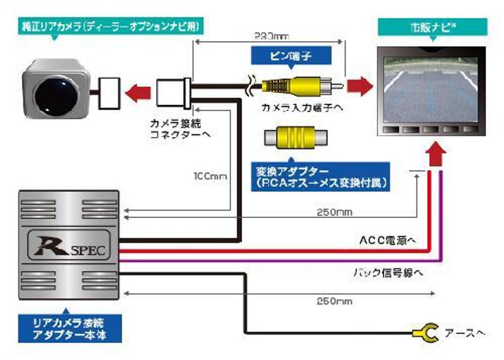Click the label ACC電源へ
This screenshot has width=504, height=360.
point(388,240)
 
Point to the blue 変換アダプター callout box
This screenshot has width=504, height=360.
point(320,177)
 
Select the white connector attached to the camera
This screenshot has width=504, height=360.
point(109,93)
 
